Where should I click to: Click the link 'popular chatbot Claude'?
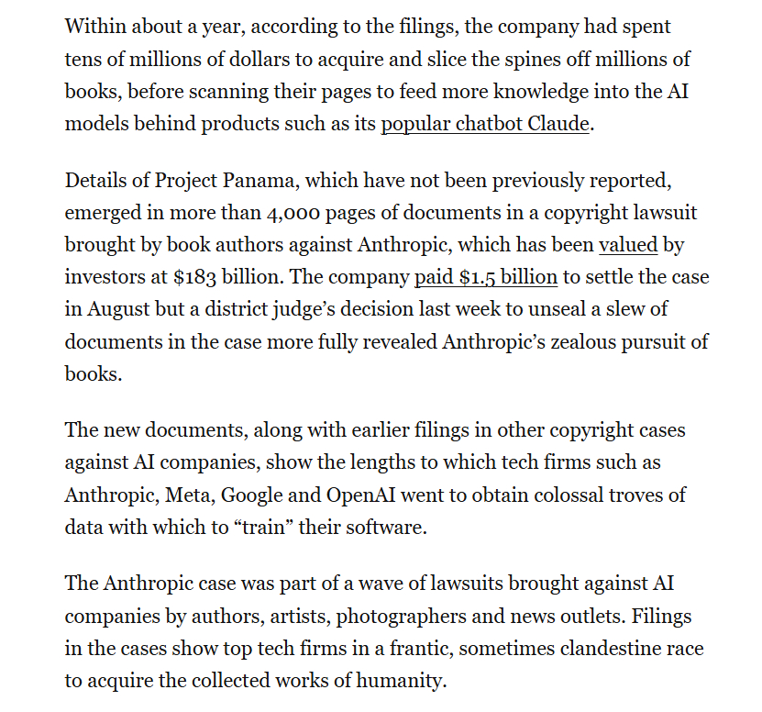point(485,123)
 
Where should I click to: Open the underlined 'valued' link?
point(628,245)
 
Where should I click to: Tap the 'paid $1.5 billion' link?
point(485,277)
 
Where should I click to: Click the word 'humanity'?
point(408,681)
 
